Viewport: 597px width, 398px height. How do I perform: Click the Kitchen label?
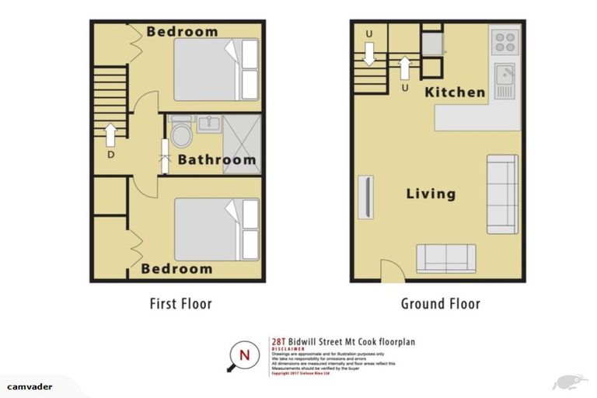point(455,92)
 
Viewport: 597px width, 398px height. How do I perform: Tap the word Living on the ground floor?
point(431,194)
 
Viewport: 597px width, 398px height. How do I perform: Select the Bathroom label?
point(217,160)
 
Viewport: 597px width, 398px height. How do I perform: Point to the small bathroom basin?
point(208,124)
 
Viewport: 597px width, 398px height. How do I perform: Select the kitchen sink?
point(504,78)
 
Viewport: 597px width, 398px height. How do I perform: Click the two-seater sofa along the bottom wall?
point(445,258)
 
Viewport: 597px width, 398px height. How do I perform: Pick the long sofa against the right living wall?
point(502,194)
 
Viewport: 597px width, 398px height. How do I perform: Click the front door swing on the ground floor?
point(391,269)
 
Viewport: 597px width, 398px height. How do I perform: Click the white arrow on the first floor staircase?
point(110,134)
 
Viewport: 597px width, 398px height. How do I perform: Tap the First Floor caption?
point(180,304)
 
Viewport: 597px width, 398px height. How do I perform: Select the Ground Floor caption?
point(440,304)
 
